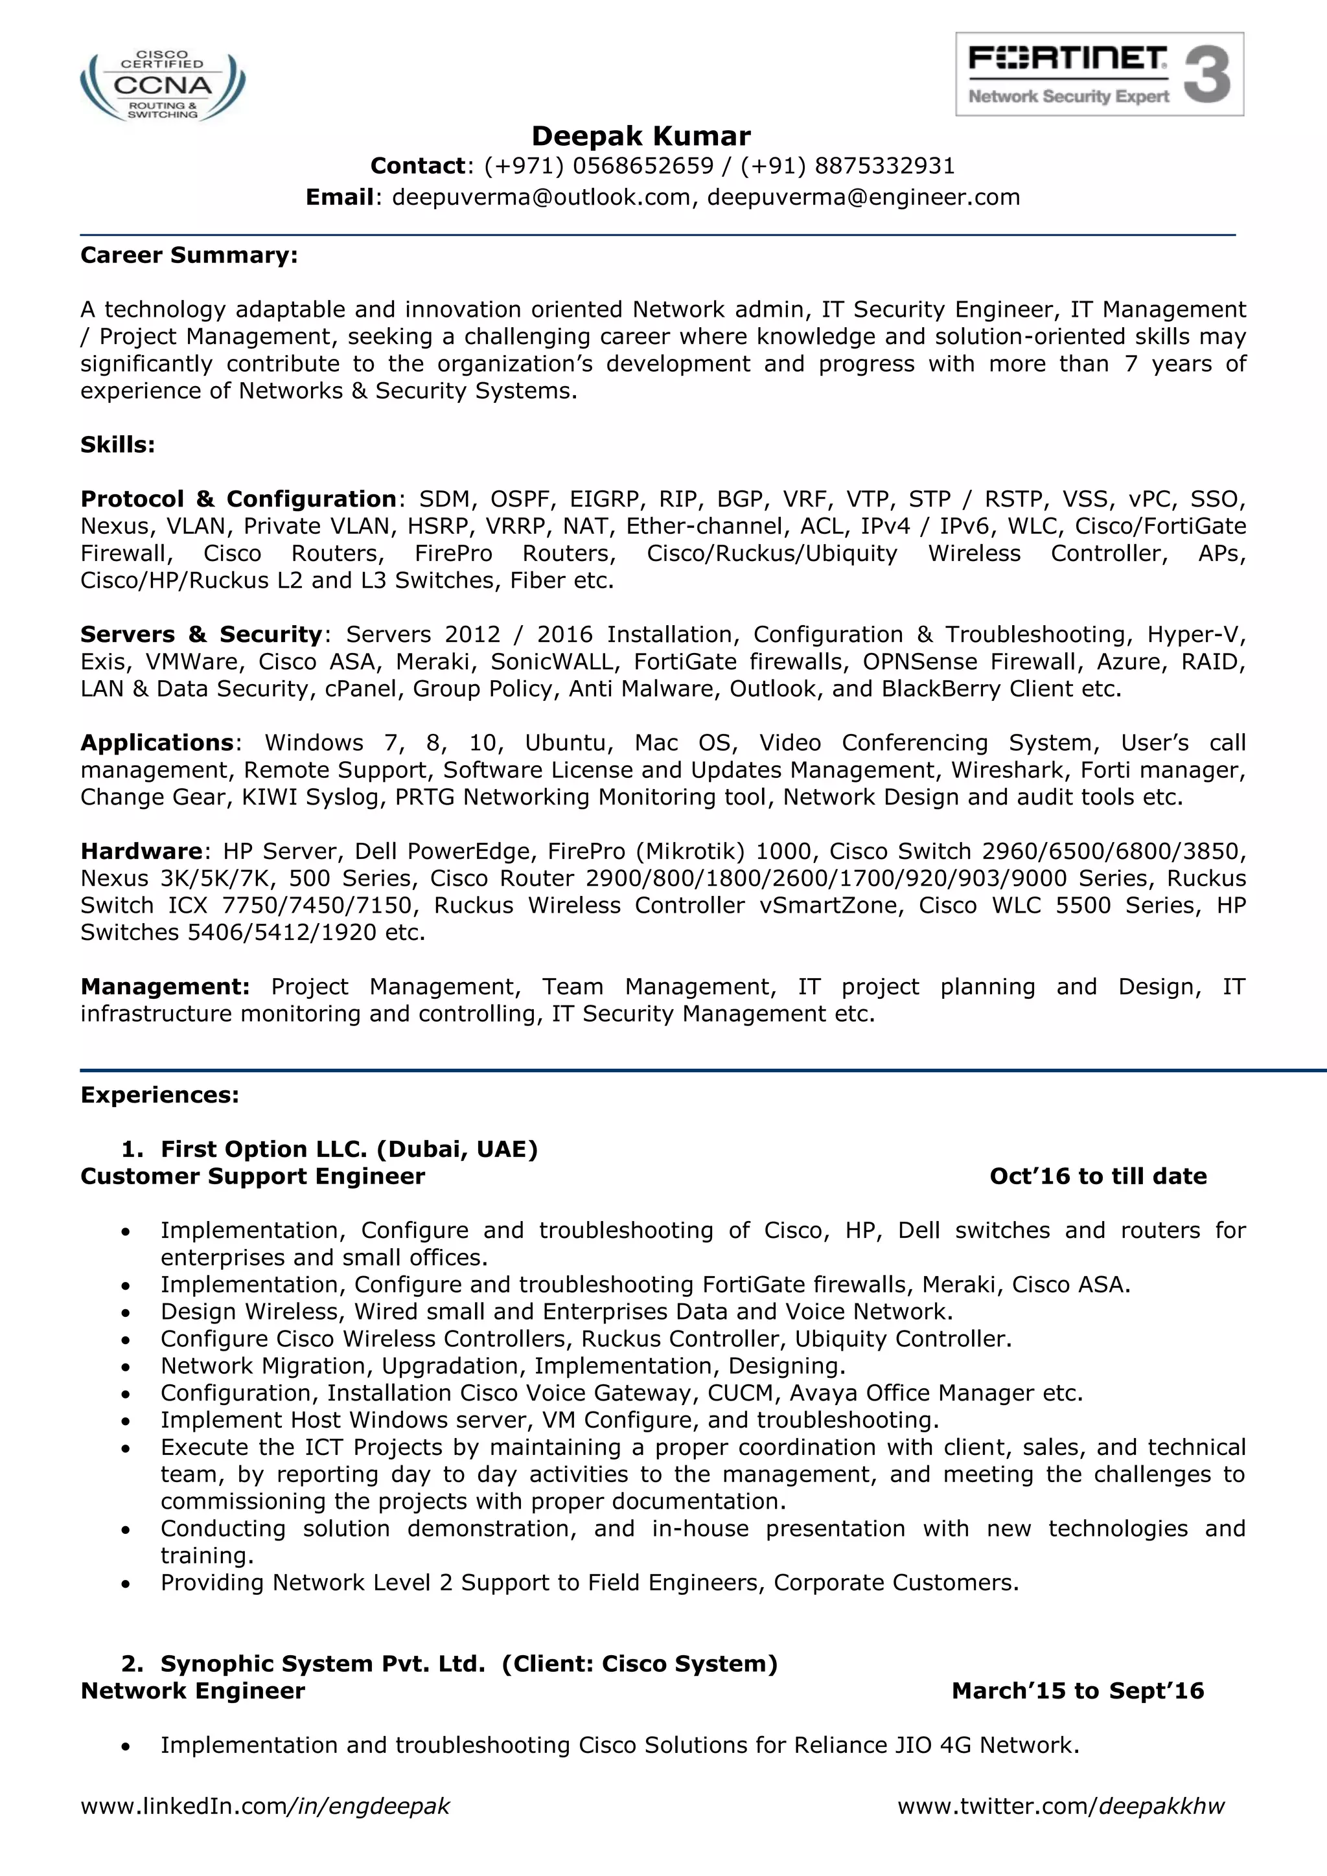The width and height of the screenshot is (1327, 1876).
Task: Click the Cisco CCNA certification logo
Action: coord(163,86)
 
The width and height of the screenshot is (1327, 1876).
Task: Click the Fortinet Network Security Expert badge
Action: coord(1099,74)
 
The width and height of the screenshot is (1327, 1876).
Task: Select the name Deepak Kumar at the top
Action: coord(641,135)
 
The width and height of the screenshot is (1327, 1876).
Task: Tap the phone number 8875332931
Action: coord(885,166)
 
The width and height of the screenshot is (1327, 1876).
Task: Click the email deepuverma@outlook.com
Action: coord(541,197)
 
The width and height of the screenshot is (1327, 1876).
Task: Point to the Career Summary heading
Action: coord(189,255)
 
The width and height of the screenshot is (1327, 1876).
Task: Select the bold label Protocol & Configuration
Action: coord(238,498)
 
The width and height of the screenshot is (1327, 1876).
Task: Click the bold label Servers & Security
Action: coord(201,634)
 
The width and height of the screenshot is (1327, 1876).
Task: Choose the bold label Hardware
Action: coord(141,851)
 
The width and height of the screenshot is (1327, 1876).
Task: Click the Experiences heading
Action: coord(159,1095)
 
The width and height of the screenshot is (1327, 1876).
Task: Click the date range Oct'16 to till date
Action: coord(1098,1176)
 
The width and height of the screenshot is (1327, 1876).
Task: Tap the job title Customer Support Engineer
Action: coord(253,1176)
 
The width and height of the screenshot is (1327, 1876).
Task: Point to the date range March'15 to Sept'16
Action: coord(1077,1691)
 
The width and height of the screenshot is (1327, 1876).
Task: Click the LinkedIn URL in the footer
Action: coord(265,1806)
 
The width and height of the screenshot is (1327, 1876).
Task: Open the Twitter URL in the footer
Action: coord(1061,1806)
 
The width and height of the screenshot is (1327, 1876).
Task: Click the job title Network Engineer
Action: coord(193,1691)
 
